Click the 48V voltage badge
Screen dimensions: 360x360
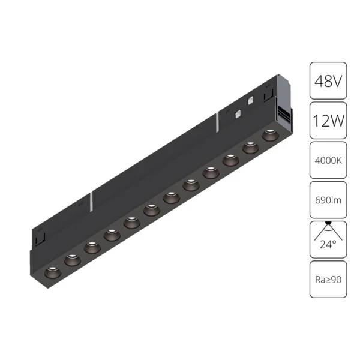click(x=328, y=81)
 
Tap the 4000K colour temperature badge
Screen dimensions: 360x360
click(x=328, y=160)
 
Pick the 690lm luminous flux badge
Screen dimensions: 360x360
click(x=328, y=200)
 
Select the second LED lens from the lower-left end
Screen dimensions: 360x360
click(x=71, y=259)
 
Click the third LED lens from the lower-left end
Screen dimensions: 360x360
click(x=91, y=246)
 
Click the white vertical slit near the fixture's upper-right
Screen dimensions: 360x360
click(x=215, y=123)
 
